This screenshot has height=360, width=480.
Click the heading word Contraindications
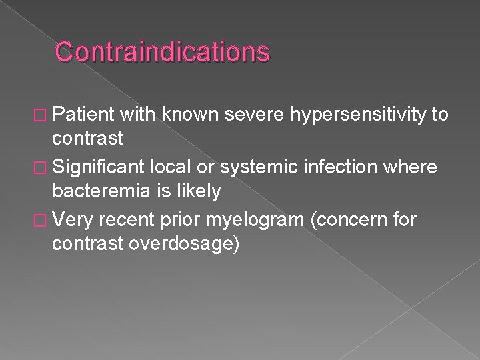tap(163, 51)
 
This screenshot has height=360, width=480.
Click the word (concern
tap(347, 217)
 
